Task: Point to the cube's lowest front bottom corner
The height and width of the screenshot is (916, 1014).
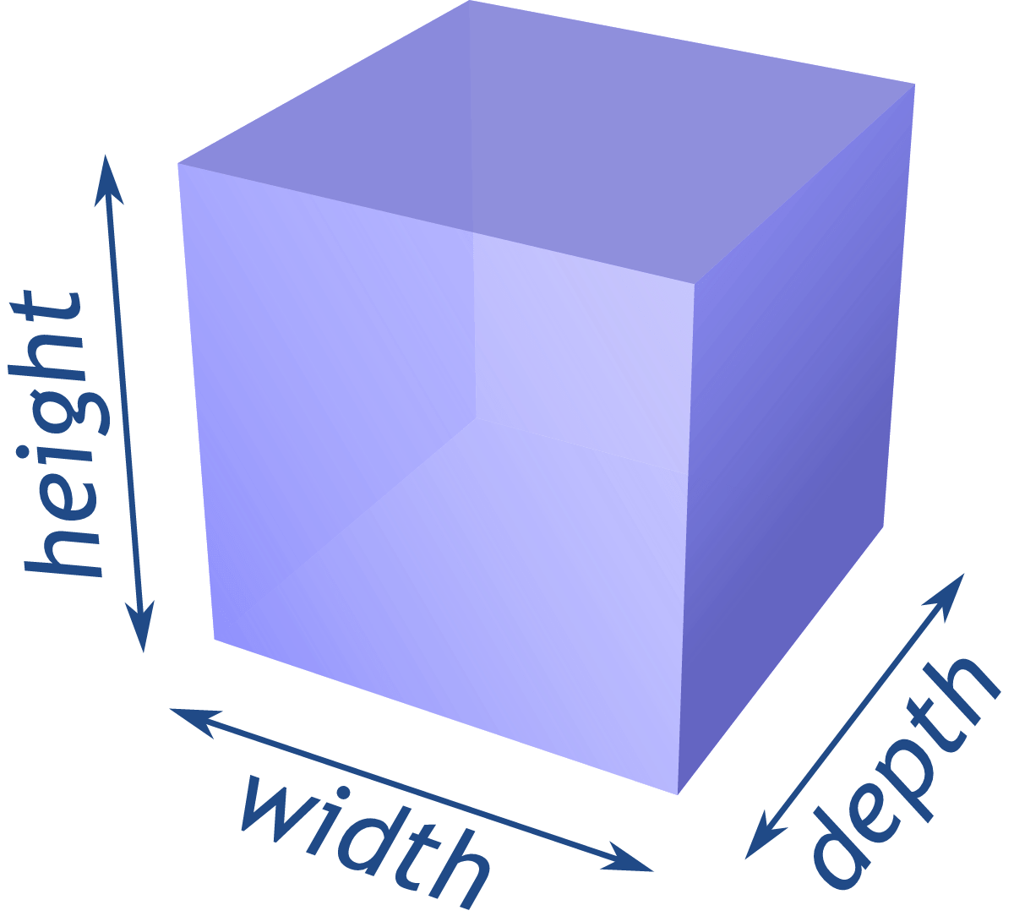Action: coord(679,793)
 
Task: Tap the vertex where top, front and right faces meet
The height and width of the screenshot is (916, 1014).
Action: coord(695,282)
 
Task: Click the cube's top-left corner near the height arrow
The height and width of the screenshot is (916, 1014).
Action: coord(178,163)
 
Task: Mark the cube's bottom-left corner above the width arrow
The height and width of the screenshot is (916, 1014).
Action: coord(215,639)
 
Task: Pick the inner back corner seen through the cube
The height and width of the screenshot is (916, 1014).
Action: coord(475,418)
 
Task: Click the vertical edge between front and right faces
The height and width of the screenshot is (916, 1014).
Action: coord(686,541)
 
